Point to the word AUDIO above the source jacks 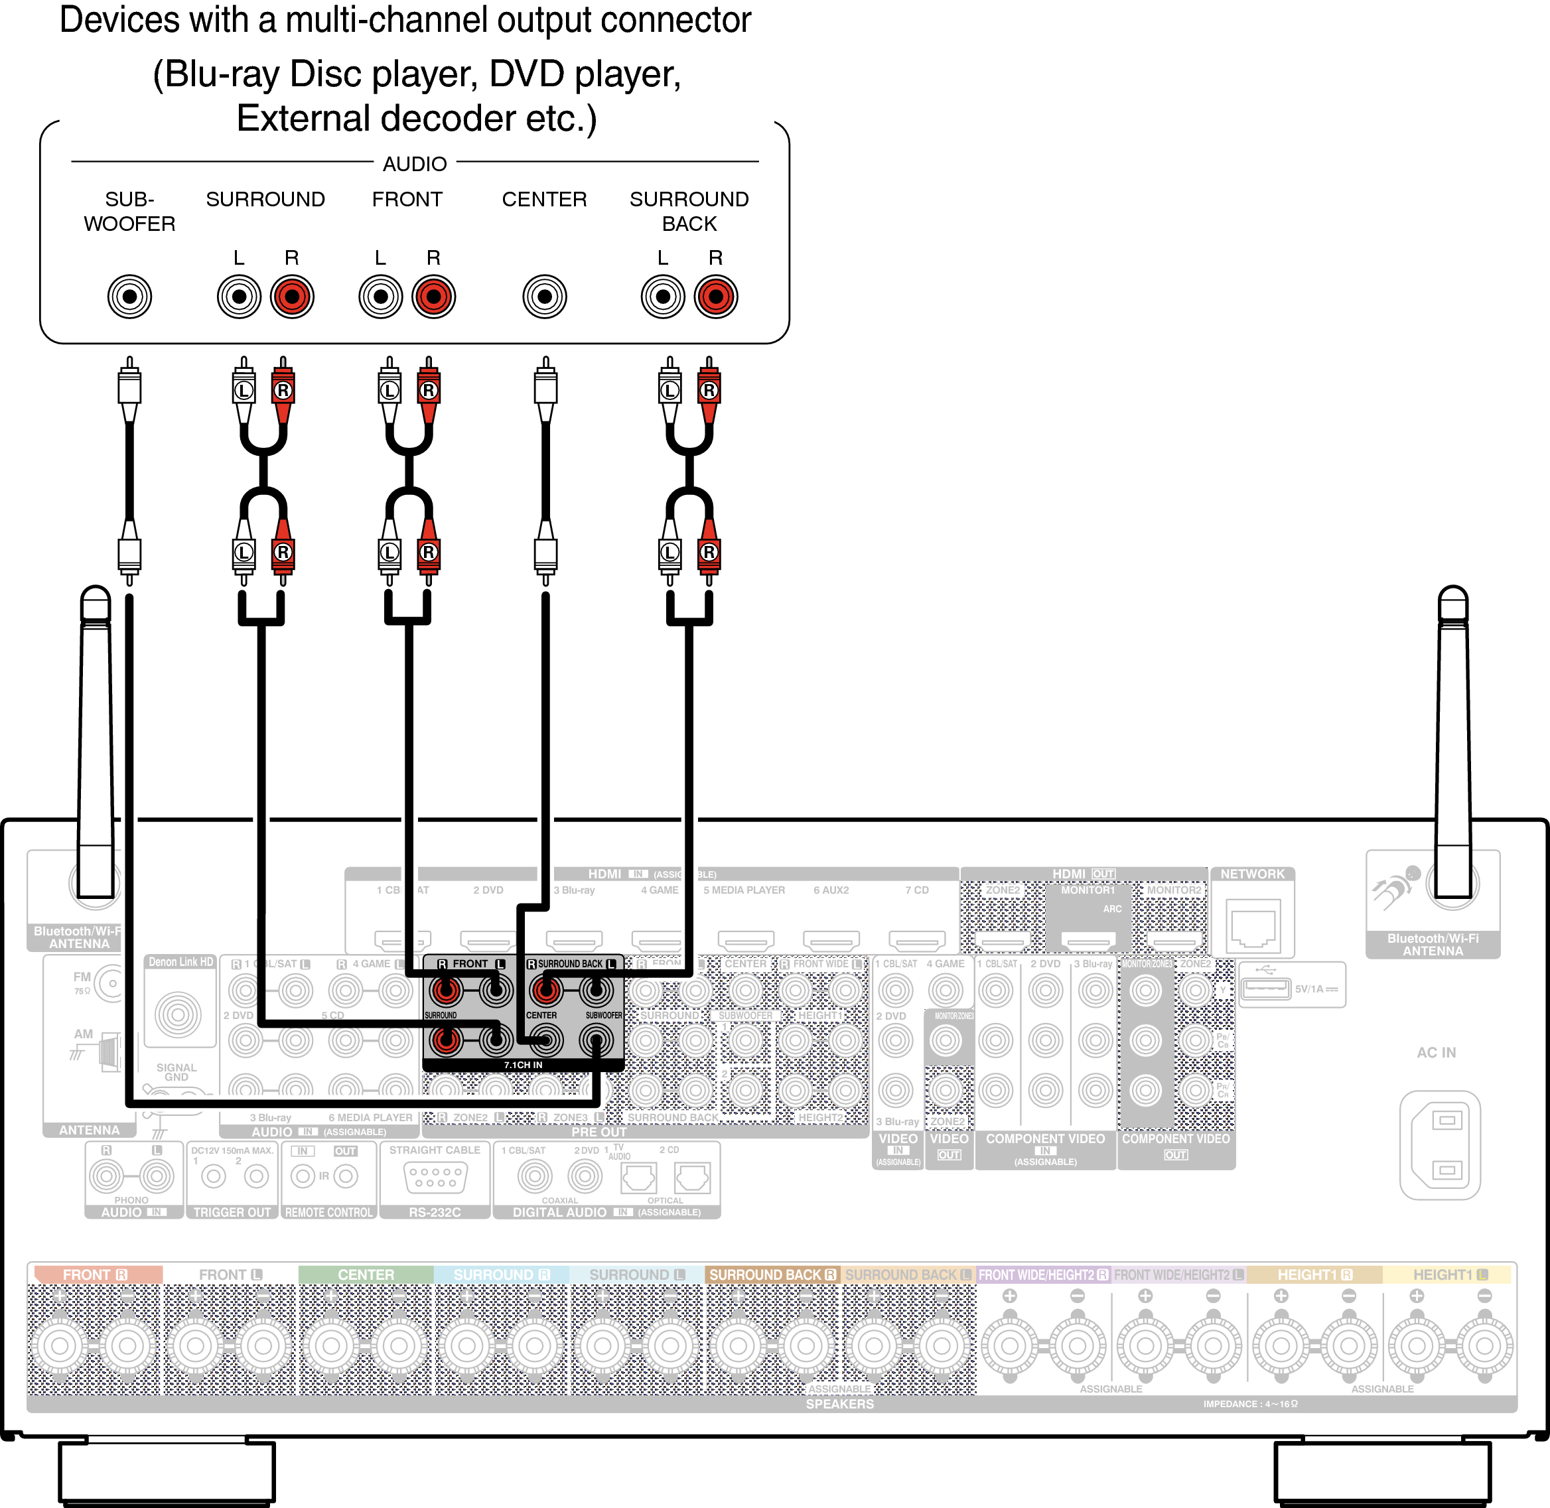pos(414,164)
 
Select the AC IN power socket pos(1439,1144)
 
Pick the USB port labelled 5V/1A pos(1265,989)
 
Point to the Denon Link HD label pos(180,961)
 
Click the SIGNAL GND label pos(176,1071)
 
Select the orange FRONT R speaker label pos(95,1274)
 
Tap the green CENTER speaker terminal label pos(365,1274)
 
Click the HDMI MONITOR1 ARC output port pos(1088,940)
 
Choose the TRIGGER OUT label pos(232,1212)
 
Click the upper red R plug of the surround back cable pos(709,389)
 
